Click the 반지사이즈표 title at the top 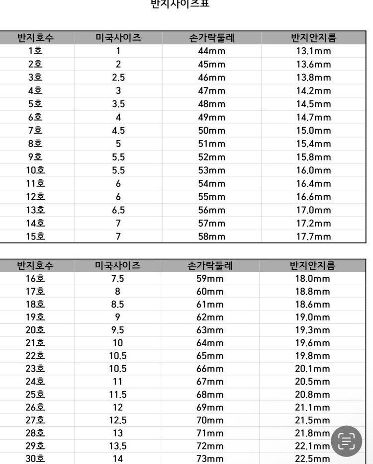[x=180, y=4]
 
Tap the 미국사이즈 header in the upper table [x=118, y=37]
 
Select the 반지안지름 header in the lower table [x=312, y=265]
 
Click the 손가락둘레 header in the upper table [x=212, y=37]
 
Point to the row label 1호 [x=35, y=51]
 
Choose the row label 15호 [x=35, y=236]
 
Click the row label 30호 [x=35, y=459]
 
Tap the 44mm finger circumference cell [x=212, y=51]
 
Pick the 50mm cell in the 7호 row [x=212, y=131]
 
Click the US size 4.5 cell [x=118, y=131]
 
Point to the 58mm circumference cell [x=212, y=236]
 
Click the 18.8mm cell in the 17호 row [x=312, y=292]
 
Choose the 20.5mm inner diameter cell [x=312, y=382]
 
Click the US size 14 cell [x=118, y=459]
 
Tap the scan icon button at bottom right [x=346, y=441]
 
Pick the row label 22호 [x=35, y=356]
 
